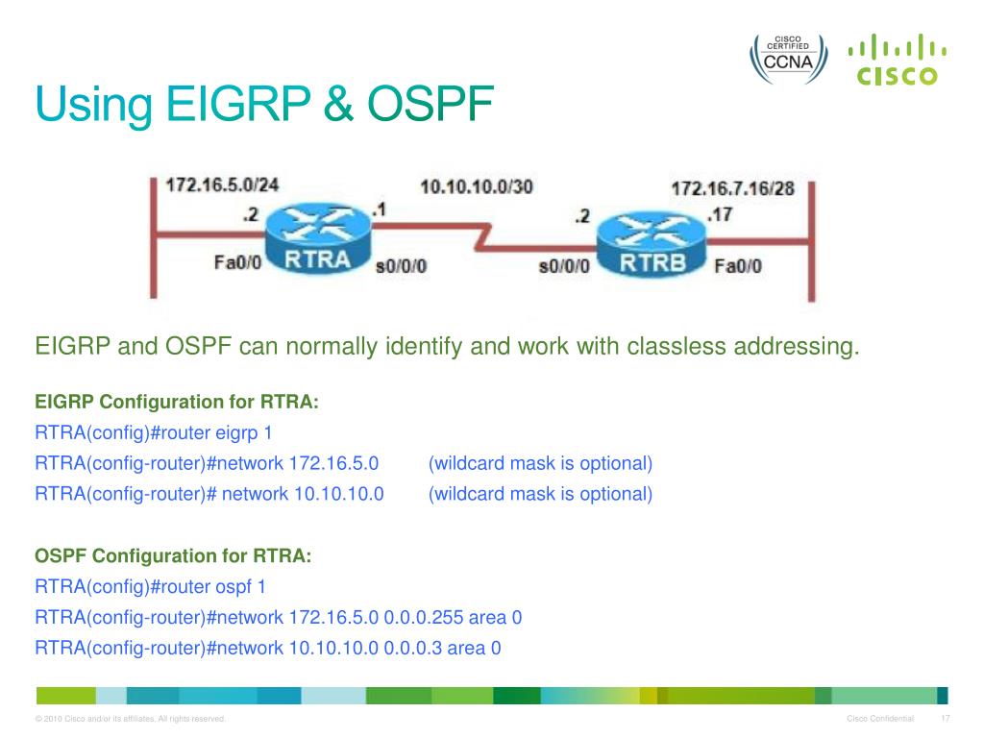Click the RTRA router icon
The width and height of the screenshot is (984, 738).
pyautogui.click(x=317, y=234)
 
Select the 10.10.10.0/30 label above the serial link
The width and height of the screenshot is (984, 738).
pyautogui.click(x=476, y=185)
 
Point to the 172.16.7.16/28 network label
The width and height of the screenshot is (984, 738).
pyautogui.click(x=732, y=188)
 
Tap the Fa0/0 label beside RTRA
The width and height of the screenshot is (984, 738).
pyautogui.click(x=237, y=262)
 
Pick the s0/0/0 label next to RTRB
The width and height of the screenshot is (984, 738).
pyautogui.click(x=565, y=266)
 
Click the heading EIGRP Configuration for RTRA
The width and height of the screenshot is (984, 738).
pyautogui.click(x=177, y=402)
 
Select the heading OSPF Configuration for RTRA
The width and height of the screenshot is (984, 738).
pyautogui.click(x=173, y=555)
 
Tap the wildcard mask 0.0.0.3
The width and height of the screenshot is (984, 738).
pyautogui.click(x=413, y=648)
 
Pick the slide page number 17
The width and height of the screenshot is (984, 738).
pyautogui.click(x=946, y=719)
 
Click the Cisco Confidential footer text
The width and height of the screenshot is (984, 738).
pyautogui.click(x=880, y=719)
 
